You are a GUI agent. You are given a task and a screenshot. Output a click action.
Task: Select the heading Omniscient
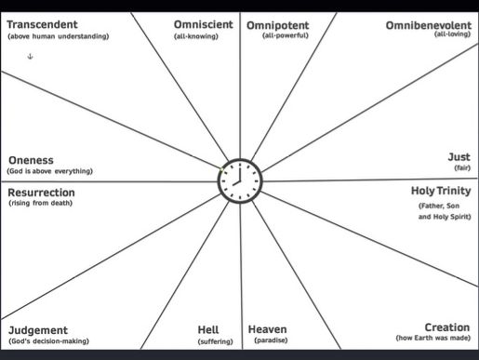click(x=204, y=24)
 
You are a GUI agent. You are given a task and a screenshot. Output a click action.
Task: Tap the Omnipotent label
click(x=277, y=24)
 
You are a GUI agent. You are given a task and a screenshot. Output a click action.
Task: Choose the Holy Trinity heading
click(x=441, y=191)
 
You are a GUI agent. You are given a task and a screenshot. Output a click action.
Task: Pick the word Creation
click(x=446, y=327)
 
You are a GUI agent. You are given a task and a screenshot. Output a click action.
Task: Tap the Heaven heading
click(x=267, y=329)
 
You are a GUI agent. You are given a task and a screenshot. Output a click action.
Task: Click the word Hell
click(x=208, y=329)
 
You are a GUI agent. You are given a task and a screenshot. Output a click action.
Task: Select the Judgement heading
click(x=38, y=330)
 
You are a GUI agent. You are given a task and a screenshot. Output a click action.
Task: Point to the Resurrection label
click(x=47, y=193)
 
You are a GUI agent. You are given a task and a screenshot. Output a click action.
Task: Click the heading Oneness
click(x=31, y=159)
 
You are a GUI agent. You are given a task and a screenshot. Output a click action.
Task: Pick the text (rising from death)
click(x=40, y=204)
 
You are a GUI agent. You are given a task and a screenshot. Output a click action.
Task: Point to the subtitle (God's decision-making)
click(x=48, y=342)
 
